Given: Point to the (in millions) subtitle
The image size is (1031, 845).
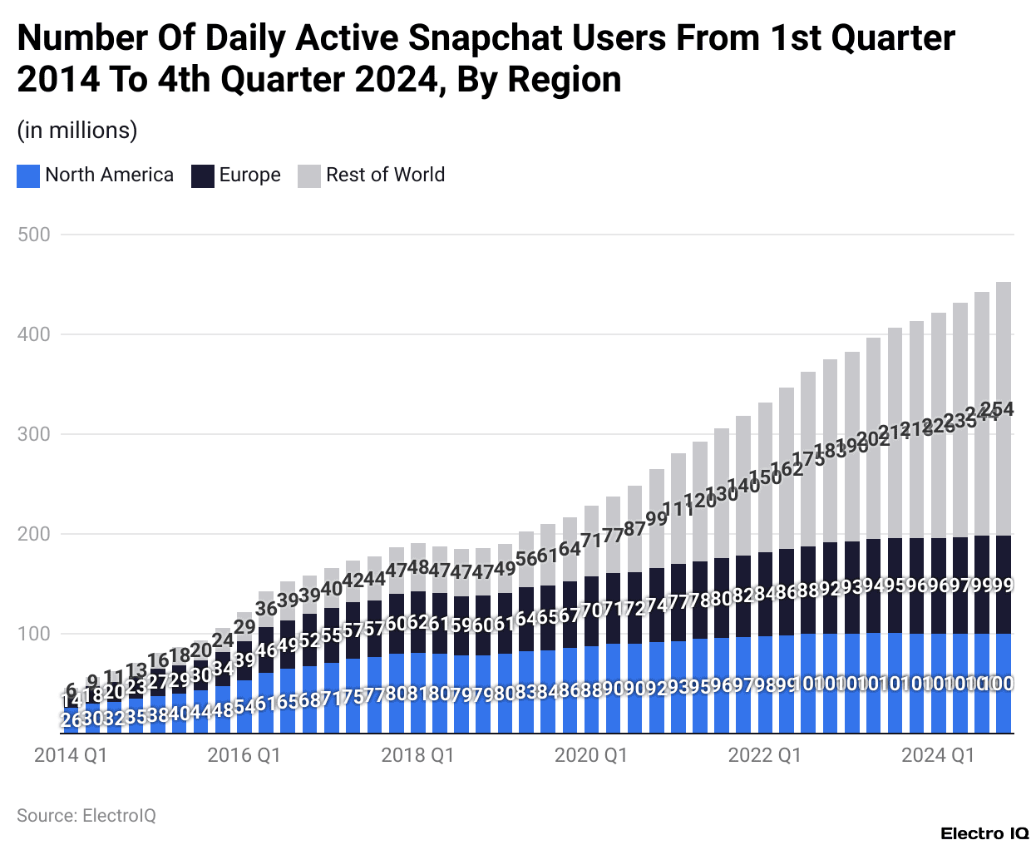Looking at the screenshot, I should (77, 131).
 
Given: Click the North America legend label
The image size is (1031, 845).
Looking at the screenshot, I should (109, 175).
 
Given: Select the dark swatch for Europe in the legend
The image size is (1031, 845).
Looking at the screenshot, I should (203, 175).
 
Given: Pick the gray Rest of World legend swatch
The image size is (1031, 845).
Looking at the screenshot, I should (309, 175).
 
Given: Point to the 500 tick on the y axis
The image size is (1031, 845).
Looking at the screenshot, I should (34, 235).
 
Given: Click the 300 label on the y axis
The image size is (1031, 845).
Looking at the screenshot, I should (34, 434).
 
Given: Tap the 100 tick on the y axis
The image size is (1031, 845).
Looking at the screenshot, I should (34, 634).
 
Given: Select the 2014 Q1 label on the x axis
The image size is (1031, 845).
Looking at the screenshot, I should (71, 755).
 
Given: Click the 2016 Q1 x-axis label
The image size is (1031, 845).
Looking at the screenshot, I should (244, 755).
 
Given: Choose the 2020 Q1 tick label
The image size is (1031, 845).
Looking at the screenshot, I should (591, 755).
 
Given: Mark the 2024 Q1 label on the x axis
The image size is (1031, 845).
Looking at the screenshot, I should (938, 755).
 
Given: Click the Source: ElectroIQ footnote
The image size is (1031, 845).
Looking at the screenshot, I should (86, 816).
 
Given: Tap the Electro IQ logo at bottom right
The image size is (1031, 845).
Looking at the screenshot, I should (985, 833).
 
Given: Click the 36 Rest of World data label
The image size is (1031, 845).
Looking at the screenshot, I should (266, 609).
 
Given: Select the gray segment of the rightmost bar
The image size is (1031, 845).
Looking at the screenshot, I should (1004, 349).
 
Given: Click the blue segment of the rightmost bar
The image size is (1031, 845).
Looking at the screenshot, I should (1004, 707).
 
